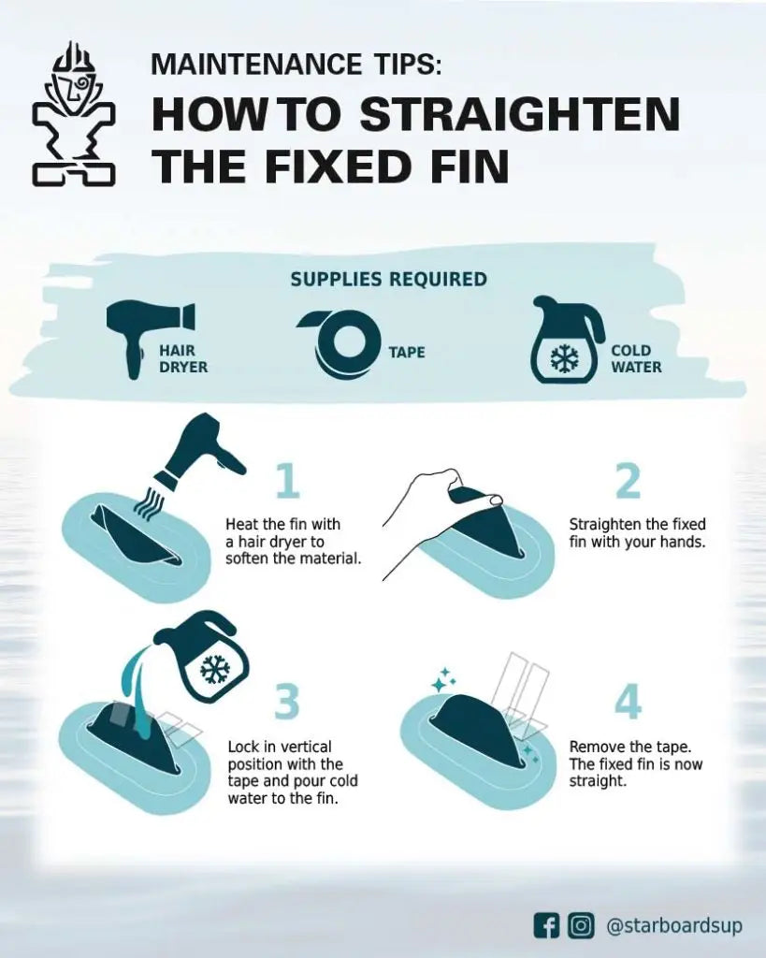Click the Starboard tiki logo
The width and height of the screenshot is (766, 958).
tap(73, 113)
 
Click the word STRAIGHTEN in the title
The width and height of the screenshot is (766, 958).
tap(520, 113)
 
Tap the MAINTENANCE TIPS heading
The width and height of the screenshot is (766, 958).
tap(295, 65)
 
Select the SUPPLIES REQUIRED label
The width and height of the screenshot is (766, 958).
tap(388, 279)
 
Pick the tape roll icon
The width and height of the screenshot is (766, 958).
tap(340, 342)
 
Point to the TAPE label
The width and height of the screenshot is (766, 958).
tap(407, 353)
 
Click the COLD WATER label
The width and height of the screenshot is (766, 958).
tap(636, 358)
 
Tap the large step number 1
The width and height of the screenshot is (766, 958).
tap(288, 481)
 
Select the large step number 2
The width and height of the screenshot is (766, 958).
tap(628, 481)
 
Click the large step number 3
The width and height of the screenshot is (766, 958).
tap(286, 702)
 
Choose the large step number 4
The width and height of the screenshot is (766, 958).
tap(628, 702)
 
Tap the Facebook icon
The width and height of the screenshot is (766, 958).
tap(546, 925)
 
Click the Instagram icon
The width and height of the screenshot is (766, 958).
tap(581, 925)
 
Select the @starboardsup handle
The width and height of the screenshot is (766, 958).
tap(674, 926)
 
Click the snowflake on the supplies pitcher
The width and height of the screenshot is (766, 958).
tap(565, 360)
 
